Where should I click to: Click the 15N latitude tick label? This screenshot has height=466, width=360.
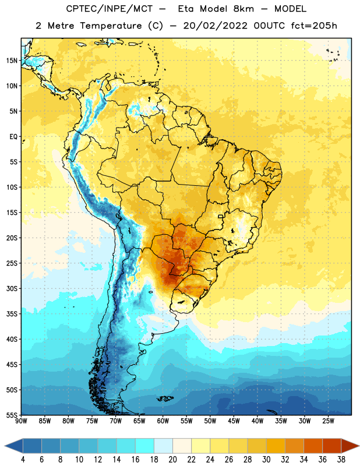click(x=12, y=61)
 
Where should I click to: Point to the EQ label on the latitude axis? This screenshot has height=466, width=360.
click(x=13, y=137)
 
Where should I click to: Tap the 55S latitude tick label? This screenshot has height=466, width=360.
click(x=12, y=415)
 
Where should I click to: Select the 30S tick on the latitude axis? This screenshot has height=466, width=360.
click(x=12, y=288)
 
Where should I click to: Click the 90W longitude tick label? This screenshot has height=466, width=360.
click(x=21, y=421)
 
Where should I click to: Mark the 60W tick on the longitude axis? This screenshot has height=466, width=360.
click(x=163, y=421)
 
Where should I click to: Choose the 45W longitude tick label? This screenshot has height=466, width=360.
click(x=234, y=421)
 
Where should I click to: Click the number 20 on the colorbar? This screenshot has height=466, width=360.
click(x=172, y=460)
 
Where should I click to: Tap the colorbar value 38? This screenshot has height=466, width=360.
click(x=341, y=460)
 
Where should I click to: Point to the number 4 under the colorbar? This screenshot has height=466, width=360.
click(x=23, y=460)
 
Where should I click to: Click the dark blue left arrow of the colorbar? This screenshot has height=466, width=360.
click(x=13, y=446)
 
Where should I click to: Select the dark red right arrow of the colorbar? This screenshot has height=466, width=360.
click(x=351, y=446)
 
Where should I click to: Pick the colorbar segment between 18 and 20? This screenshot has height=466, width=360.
click(x=164, y=446)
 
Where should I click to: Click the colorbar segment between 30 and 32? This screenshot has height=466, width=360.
click(x=276, y=446)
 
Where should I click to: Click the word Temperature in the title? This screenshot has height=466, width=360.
click(x=111, y=26)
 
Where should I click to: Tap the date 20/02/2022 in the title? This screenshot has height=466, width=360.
click(x=216, y=26)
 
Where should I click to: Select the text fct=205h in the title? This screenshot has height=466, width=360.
click(x=313, y=26)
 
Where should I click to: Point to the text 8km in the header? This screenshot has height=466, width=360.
click(x=243, y=9)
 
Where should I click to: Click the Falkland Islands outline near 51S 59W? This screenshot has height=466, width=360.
click(x=165, y=398)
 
